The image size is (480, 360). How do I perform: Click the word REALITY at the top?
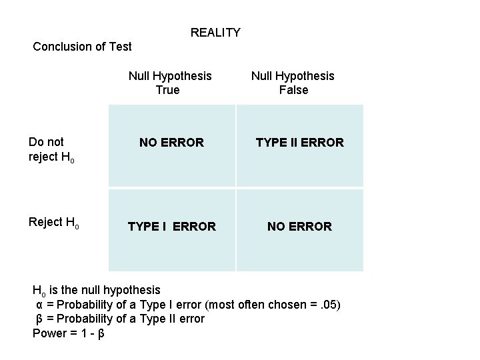(x=215, y=33)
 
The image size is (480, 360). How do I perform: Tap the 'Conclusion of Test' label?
(x=82, y=47)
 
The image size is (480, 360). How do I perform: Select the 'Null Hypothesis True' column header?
(x=169, y=83)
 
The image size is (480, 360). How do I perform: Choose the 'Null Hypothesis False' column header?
(x=293, y=83)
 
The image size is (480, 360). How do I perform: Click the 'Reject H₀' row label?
(x=54, y=222)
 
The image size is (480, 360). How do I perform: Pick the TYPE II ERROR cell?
(x=300, y=142)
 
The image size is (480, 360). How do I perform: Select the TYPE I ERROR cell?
(x=171, y=227)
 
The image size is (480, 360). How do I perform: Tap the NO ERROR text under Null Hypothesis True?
(x=171, y=142)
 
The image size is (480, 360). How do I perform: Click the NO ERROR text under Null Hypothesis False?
(x=299, y=227)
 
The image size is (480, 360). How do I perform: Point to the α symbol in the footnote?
(x=39, y=305)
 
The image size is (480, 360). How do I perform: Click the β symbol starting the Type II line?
(x=39, y=319)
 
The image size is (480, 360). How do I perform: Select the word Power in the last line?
(x=49, y=333)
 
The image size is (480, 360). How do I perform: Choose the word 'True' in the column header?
(x=167, y=89)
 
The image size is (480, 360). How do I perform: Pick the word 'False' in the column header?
(x=293, y=89)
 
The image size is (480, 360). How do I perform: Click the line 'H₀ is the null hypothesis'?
(x=97, y=290)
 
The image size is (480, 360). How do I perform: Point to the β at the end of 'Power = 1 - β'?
(x=101, y=333)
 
